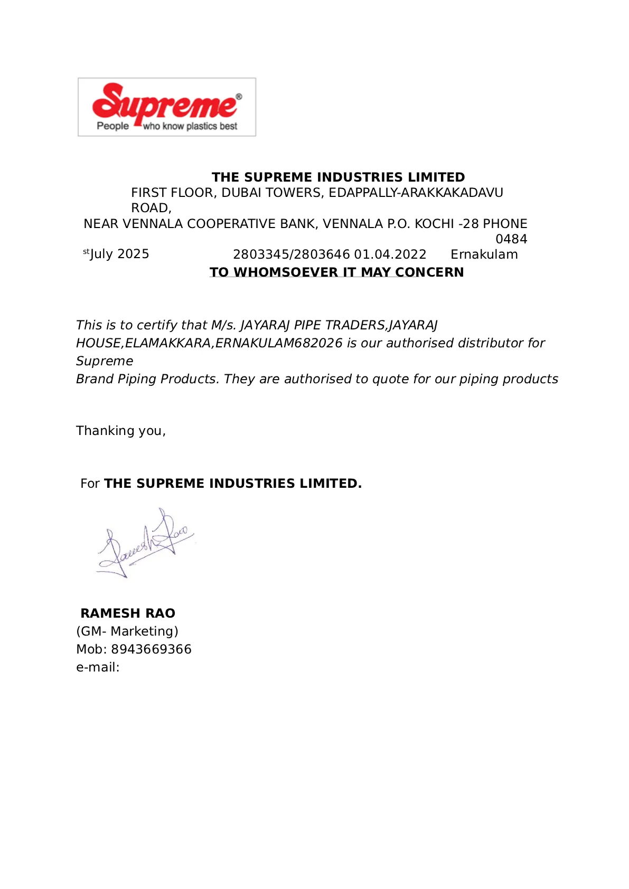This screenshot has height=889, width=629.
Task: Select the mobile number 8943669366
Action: (x=151, y=649)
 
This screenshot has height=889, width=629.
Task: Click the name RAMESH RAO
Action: (x=128, y=613)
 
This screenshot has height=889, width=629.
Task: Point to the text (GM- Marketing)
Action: (x=127, y=631)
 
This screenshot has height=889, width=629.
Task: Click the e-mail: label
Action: (x=98, y=667)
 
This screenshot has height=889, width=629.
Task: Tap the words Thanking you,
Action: (x=121, y=431)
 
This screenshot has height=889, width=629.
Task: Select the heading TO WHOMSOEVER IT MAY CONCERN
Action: (x=336, y=272)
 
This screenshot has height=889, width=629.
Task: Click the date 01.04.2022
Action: (x=390, y=254)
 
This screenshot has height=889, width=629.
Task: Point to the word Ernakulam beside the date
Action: (x=484, y=254)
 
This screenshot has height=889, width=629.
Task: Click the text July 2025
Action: (x=120, y=254)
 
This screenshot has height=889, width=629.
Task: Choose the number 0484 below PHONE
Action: (x=511, y=239)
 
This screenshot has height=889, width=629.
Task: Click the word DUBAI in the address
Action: (x=241, y=193)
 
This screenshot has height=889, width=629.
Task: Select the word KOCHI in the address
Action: (x=434, y=224)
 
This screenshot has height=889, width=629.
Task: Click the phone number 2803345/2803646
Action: (x=292, y=254)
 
